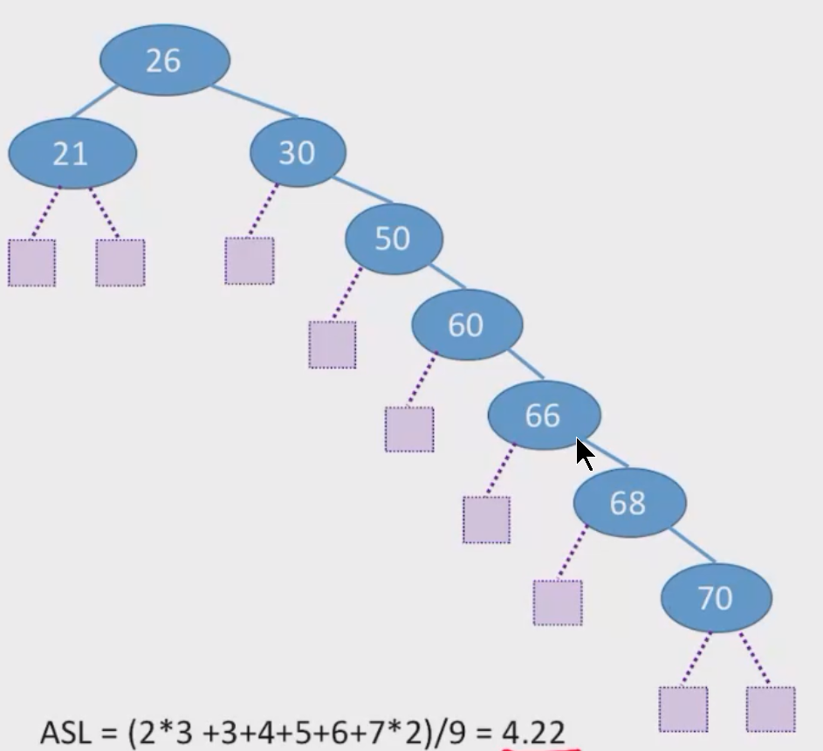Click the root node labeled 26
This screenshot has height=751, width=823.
165,60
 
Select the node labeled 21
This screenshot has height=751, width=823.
72,153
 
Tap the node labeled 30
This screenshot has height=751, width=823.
298,152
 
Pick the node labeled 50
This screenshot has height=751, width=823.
394,238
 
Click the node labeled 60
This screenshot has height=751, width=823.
467,325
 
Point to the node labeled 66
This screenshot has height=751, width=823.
545,415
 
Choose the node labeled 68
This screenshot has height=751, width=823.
629,503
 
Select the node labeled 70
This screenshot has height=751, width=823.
717,597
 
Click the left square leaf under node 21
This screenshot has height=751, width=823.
32,263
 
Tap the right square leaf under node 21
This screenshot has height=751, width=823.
120,263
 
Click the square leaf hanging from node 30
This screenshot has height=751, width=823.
250,260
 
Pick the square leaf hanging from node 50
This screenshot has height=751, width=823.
333,345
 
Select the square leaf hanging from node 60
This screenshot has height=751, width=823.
409,429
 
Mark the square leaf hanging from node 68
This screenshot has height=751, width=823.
558,603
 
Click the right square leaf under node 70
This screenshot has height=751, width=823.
771,709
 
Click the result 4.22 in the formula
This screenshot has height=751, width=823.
534,732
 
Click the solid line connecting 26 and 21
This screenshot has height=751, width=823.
95,101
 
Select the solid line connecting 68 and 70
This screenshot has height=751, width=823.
692,546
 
